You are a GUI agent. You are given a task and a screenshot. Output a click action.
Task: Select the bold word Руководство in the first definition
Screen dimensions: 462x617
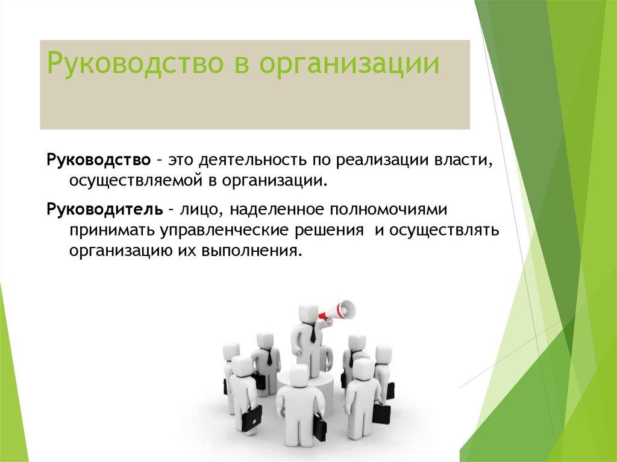[98, 160]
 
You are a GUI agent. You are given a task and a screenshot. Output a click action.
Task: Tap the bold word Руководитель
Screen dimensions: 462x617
[104, 209]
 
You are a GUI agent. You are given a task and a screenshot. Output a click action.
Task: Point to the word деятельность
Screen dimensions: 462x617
[254, 160]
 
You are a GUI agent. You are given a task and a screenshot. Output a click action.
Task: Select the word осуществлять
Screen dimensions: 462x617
[445, 229]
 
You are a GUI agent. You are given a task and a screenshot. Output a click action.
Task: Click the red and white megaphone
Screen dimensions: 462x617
[337, 310]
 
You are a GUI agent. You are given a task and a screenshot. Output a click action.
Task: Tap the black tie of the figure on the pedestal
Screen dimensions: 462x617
[312, 334]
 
